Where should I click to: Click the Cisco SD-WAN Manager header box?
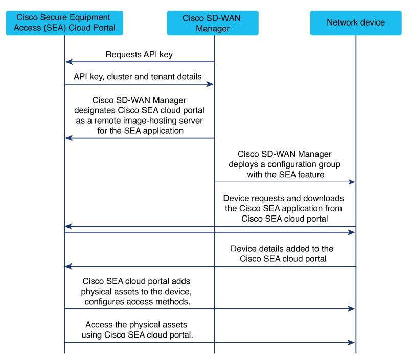[x=213, y=23]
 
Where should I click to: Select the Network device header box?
[x=356, y=23]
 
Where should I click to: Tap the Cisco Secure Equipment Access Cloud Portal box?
[x=64, y=23]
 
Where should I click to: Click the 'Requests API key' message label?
[x=139, y=54]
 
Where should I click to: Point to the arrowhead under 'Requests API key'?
[x=69, y=62]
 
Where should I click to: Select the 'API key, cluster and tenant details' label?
[x=138, y=76]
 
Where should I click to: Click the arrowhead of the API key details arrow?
[x=210, y=84]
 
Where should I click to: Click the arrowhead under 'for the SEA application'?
[x=69, y=138]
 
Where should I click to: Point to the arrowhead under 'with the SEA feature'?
[x=352, y=182]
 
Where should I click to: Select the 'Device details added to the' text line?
[x=282, y=249]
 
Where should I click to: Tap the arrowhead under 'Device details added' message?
[x=69, y=266]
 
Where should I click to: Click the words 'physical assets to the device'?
[x=136, y=292]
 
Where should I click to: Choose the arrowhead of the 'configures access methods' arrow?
[x=351, y=309]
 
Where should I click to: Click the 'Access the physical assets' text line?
[x=136, y=325]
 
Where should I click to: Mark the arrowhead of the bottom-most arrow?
[x=351, y=343]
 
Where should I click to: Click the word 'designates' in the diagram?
[x=95, y=110]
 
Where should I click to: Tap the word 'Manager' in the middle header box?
[x=213, y=29]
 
